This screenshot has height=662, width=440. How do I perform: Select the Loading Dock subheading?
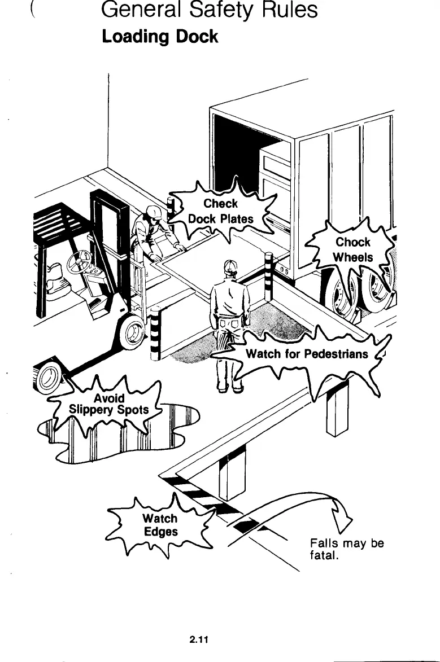click(159, 37)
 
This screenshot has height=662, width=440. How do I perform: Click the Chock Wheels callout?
click(353, 249)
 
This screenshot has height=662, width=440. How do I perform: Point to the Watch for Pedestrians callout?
click(307, 354)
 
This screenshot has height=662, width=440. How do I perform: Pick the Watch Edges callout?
click(160, 525)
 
